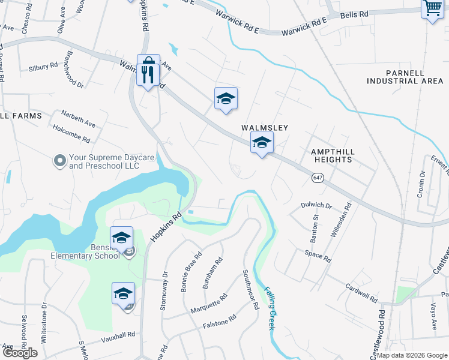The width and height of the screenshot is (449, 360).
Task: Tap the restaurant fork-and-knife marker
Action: click(148, 74)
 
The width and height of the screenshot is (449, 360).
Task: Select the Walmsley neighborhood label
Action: click(265, 128)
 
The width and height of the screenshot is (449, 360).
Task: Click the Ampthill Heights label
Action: click(331, 156)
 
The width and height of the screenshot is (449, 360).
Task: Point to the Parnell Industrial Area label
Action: click(405, 77)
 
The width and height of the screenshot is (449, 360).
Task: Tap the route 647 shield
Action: click(318, 178)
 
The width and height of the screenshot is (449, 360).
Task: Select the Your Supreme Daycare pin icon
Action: click(59, 161)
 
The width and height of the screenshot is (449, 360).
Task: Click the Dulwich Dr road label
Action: click(316, 205)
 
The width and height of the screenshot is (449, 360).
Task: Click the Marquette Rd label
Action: click(209, 303)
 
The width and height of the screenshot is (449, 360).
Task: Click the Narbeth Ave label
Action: click(79, 118)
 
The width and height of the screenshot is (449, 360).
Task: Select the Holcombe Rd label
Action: click(71, 133)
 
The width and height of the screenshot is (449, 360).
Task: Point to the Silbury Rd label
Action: click(43, 67)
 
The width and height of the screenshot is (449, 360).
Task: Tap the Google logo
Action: click(20, 353)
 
